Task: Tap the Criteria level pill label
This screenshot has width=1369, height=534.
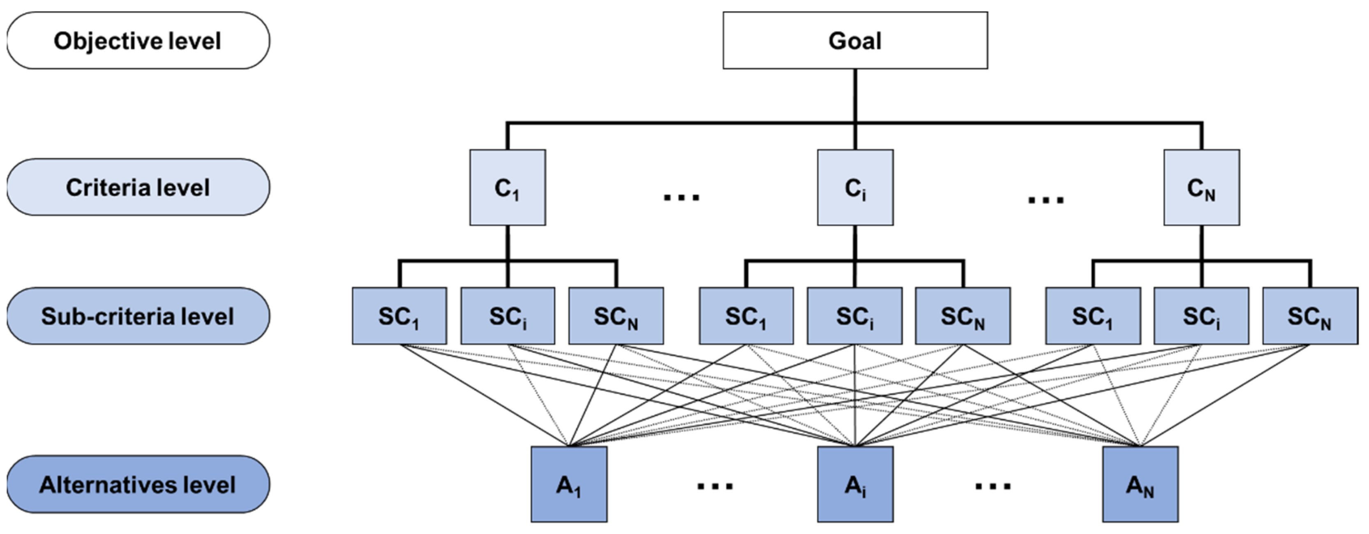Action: coord(138,187)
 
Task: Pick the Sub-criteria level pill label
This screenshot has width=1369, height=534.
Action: coord(138,316)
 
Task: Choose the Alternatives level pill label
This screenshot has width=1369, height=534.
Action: coord(138,484)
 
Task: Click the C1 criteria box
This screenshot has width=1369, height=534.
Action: coord(507,187)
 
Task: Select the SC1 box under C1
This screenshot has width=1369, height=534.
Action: coord(399,316)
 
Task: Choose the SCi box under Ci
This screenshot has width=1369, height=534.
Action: coord(854,316)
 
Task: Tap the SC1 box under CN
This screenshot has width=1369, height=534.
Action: coord(1093,316)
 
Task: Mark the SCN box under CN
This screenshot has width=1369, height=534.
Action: coord(1309,316)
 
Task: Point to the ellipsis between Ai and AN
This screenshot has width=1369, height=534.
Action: coord(993,485)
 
